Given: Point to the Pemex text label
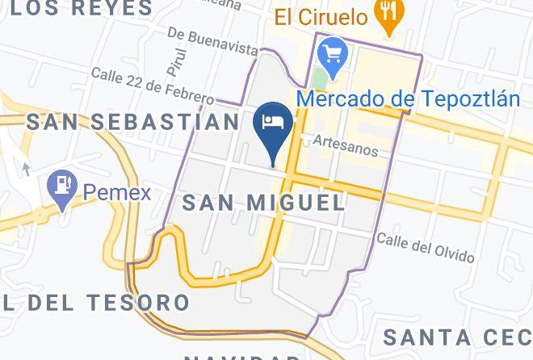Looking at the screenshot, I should (117, 193).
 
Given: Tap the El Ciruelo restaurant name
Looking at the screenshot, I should (321, 15).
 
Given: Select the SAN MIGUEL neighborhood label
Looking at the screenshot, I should (264, 202).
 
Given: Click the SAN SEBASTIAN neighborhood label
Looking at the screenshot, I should (133, 122).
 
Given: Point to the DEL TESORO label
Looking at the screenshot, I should (96, 303).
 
